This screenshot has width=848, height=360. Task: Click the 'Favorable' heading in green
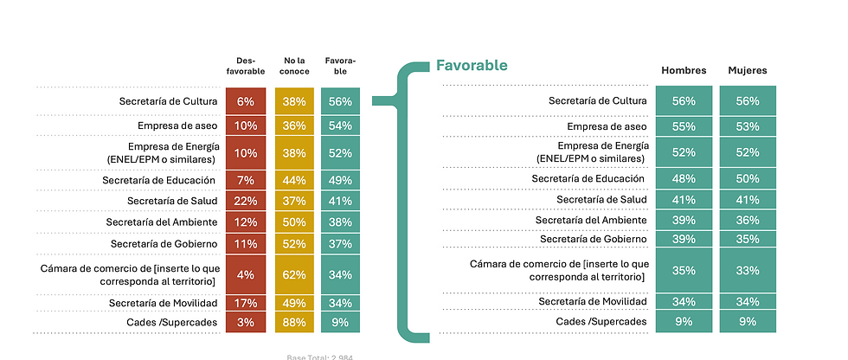tap(472, 65)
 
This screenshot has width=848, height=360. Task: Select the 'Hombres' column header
tap(684, 70)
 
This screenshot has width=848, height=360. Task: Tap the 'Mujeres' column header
tap(748, 70)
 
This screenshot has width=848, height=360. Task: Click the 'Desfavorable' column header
tap(246, 66)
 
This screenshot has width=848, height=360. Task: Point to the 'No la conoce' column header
tap(294, 66)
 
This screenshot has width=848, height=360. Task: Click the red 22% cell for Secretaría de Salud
tap(246, 201)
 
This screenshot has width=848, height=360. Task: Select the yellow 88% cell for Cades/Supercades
tap(294, 323)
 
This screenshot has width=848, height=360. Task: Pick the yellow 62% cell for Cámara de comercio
tap(294, 275)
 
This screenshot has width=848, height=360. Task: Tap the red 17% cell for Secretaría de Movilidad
tap(246, 303)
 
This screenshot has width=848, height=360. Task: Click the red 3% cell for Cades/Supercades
tap(246, 323)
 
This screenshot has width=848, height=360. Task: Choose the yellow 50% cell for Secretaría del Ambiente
tap(294, 222)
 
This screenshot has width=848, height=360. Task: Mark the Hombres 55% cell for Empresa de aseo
tap(684, 126)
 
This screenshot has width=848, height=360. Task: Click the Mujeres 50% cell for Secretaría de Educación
tap(748, 178)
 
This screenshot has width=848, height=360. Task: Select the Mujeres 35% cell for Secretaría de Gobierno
tap(748, 239)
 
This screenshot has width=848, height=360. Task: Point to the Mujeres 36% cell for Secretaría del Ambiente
tap(748, 220)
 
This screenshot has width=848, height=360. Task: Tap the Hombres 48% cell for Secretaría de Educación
tap(684, 178)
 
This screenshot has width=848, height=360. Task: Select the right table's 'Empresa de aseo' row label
tap(607, 126)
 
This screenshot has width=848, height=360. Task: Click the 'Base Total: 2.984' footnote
tap(320, 356)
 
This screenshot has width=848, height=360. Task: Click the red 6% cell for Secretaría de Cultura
tap(246, 101)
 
